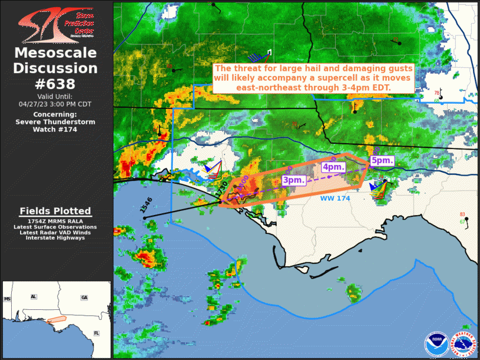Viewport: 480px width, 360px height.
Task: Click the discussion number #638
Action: coord(56,84)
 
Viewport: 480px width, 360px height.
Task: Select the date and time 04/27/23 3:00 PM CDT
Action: coord(56,104)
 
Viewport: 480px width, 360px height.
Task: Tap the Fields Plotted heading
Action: coord(55,211)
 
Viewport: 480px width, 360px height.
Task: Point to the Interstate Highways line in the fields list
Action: coord(55,238)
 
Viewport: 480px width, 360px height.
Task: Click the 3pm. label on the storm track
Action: coord(293,180)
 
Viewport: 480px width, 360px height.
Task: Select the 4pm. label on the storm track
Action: coord(333,167)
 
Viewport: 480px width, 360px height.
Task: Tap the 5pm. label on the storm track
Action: coord(382,160)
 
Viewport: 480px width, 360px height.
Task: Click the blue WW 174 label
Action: coord(335,199)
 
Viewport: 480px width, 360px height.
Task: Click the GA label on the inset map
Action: coord(84,297)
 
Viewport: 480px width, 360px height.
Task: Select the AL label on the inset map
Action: coord(34,296)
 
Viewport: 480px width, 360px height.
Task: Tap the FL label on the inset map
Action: coord(96,333)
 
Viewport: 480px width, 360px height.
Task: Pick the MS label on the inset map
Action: coord(8,299)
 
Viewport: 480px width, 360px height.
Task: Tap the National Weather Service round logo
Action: coord(463,344)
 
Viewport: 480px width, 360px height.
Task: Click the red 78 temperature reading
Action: coord(437,93)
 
